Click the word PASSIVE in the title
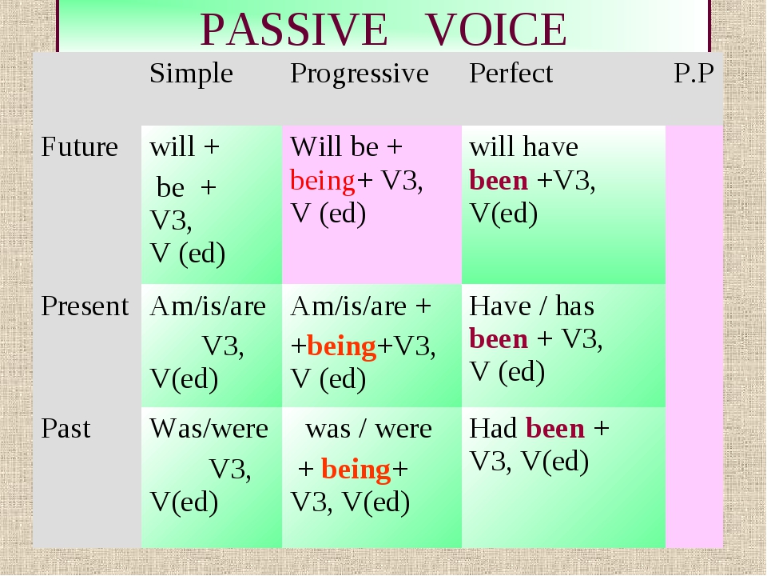pos(294,30)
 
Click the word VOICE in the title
pos(496,30)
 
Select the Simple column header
pos(191,74)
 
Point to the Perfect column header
pos(511,74)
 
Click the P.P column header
pos(693,74)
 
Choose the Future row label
pos(79,146)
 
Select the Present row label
pos(85,306)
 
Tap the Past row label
pos(66,428)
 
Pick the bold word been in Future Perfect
pos(499,180)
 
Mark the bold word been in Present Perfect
pos(499,338)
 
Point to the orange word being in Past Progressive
pos(356,470)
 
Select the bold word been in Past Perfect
pos(555,428)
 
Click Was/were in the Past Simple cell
pos(209,429)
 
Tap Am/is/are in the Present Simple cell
pos(208,306)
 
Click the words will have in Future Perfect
pos(523,146)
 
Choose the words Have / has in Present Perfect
pos(532,306)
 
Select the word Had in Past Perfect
pos(493,428)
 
